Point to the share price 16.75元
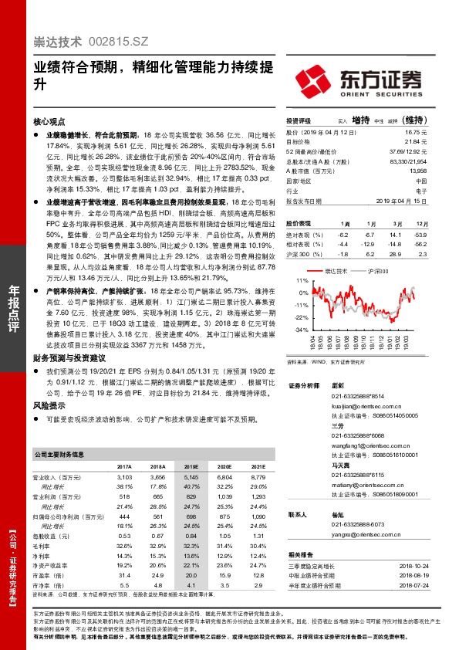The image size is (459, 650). (417, 132)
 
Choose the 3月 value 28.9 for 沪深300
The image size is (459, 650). (395, 252)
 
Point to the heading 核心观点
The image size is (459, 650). (49, 121)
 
